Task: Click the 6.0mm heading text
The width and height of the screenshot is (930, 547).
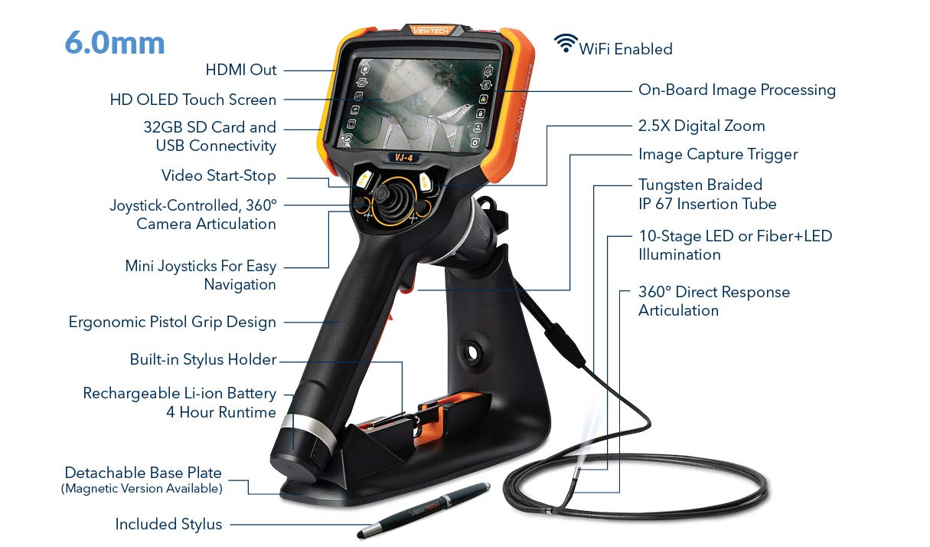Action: [115, 43]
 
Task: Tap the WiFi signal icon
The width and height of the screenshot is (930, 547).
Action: [566, 43]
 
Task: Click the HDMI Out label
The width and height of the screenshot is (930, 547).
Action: [241, 70]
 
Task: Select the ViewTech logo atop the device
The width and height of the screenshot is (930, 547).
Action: [432, 30]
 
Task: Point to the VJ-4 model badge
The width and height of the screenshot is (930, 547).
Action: [403, 158]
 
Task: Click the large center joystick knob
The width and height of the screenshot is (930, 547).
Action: [383, 194]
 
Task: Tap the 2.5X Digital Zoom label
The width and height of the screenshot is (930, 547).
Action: [702, 126]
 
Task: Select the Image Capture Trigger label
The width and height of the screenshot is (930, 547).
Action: [718, 155]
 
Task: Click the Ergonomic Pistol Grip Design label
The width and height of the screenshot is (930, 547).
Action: [172, 322]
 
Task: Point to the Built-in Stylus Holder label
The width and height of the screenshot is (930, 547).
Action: [203, 359]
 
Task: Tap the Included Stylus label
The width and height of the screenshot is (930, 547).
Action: [168, 524]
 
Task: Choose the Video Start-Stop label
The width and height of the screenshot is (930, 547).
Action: [218, 175]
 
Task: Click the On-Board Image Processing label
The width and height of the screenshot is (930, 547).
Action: [737, 90]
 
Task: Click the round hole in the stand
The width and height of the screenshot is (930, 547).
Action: [472, 353]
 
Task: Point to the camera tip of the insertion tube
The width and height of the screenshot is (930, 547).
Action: [577, 475]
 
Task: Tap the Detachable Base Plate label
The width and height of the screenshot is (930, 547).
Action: [143, 473]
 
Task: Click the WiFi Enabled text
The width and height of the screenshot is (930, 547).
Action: [625, 49]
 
